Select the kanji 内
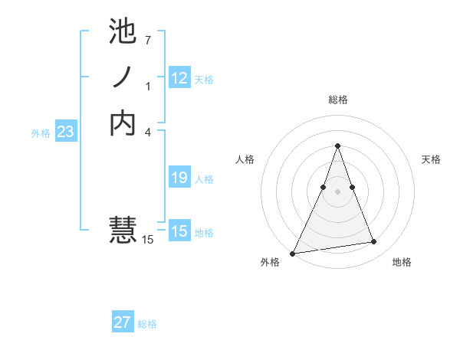(x=123, y=123)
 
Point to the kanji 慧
(x=123, y=230)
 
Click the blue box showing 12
(x=179, y=77)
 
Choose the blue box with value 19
(x=179, y=178)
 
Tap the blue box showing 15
(x=179, y=231)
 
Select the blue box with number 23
(x=66, y=132)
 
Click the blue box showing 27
(x=123, y=322)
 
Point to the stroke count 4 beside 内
(x=147, y=133)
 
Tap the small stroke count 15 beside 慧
(x=148, y=240)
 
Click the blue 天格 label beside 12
(x=204, y=79)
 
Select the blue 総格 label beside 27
(x=147, y=324)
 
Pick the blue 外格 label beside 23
(x=41, y=133)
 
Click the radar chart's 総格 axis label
(x=337, y=100)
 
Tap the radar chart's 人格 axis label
(x=245, y=159)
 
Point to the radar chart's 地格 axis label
(x=402, y=262)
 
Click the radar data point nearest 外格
(x=293, y=253)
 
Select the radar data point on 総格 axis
(x=337, y=146)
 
